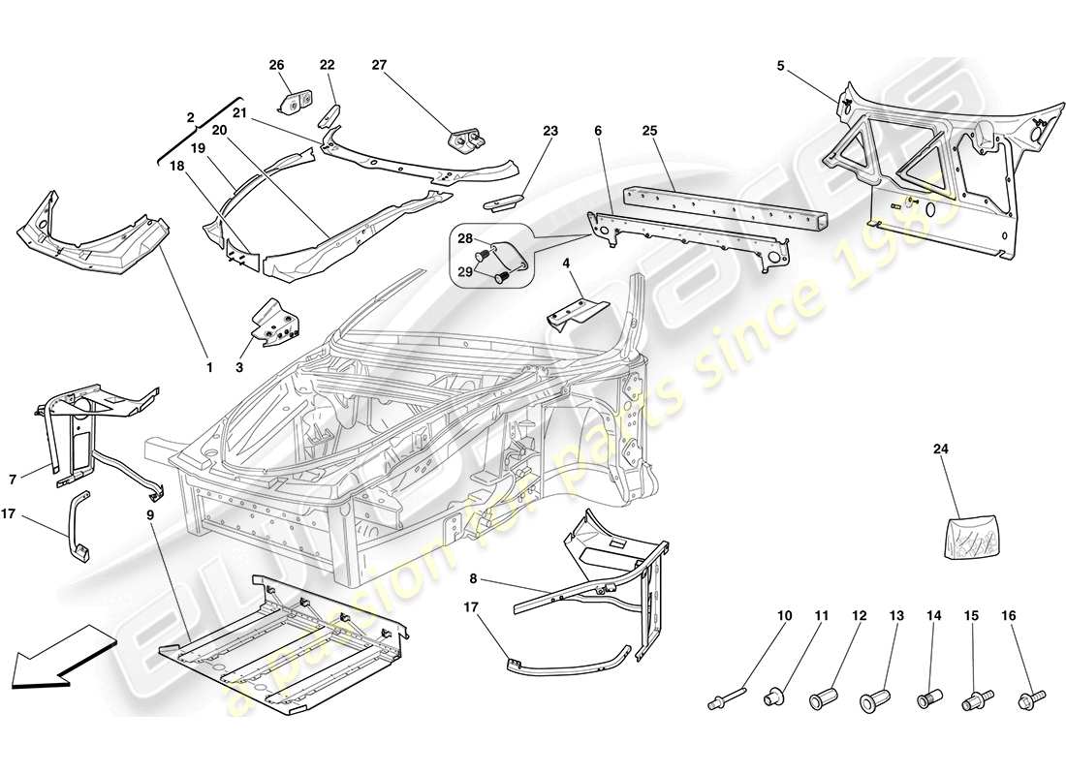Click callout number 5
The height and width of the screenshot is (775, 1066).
[779, 67]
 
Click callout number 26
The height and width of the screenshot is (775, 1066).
[276, 65]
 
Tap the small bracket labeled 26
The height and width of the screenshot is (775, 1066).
[297, 100]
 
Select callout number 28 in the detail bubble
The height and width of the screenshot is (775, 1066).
[464, 238]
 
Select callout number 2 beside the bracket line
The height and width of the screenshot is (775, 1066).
[190, 116]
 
